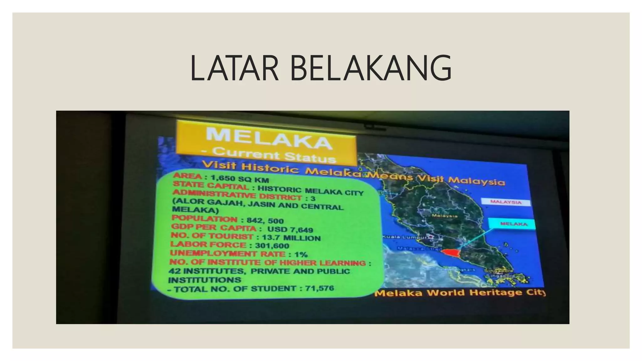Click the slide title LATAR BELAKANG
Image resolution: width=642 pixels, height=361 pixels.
point(321,68)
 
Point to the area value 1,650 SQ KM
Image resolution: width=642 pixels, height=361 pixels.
point(240,179)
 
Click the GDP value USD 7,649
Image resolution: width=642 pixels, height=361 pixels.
point(290,229)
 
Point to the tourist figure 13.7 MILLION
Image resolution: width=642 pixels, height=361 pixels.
point(291,238)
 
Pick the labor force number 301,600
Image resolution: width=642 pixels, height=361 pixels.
point(272,246)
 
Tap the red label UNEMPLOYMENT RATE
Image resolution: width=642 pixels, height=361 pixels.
point(228,253)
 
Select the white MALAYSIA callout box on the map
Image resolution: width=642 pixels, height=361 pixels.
point(506,202)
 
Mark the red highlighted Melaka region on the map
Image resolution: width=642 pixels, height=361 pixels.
point(450,252)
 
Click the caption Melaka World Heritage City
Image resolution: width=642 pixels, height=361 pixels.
point(460,293)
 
